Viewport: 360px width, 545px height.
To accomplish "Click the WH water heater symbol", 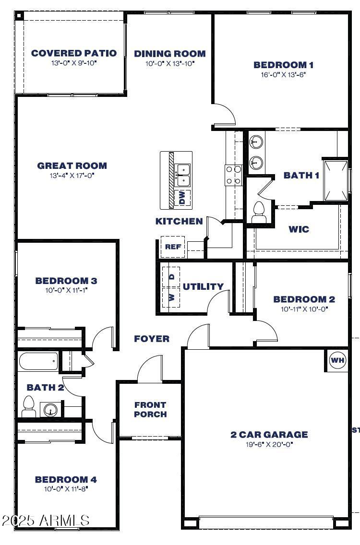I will click(x=337, y=360).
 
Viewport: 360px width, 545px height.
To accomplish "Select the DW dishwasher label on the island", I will click(x=182, y=198).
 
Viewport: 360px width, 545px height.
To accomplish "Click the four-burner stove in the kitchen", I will click(x=234, y=175).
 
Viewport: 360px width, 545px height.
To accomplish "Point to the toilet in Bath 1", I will click(x=259, y=212).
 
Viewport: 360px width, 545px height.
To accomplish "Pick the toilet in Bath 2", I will click(x=29, y=406).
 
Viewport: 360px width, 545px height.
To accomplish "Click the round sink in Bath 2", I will click(x=50, y=410).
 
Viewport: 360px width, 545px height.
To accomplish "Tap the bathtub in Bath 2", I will click(x=38, y=361).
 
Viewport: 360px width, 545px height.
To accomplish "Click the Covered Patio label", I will click(x=74, y=53).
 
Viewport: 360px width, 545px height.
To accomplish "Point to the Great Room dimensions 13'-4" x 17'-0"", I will click(x=72, y=176).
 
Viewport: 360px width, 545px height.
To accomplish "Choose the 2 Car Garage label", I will click(x=269, y=435).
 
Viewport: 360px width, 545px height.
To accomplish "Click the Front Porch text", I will click(x=150, y=409).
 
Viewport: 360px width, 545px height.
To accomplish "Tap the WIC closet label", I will click(x=299, y=229).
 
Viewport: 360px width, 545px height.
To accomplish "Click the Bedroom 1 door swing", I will click(x=225, y=115).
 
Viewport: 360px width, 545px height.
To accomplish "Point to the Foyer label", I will click(x=152, y=339).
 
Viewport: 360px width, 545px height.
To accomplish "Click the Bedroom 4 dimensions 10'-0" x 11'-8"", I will click(x=66, y=489).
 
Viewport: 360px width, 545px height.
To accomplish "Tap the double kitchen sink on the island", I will click(x=183, y=176).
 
